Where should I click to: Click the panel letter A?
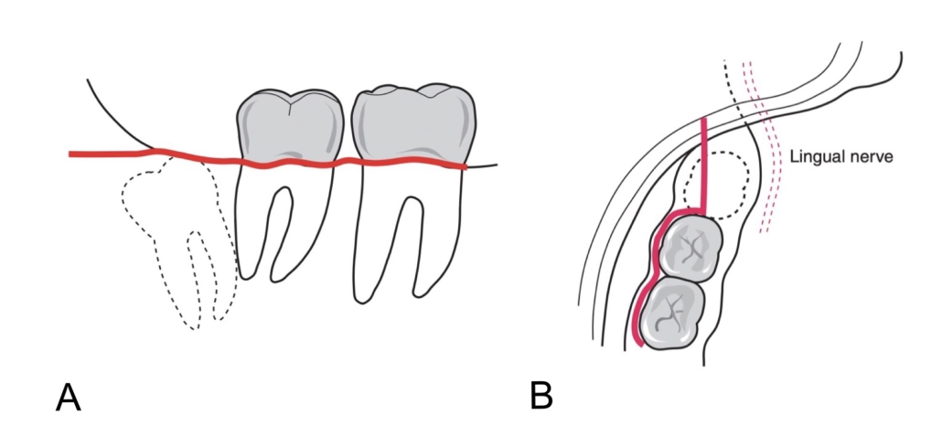point(68,399)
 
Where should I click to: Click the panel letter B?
point(541,396)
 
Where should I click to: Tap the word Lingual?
point(813,157)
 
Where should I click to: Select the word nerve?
point(872,157)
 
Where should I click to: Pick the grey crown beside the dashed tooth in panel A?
point(289,128)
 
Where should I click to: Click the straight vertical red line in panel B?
point(704,165)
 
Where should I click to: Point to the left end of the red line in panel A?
point(71,154)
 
